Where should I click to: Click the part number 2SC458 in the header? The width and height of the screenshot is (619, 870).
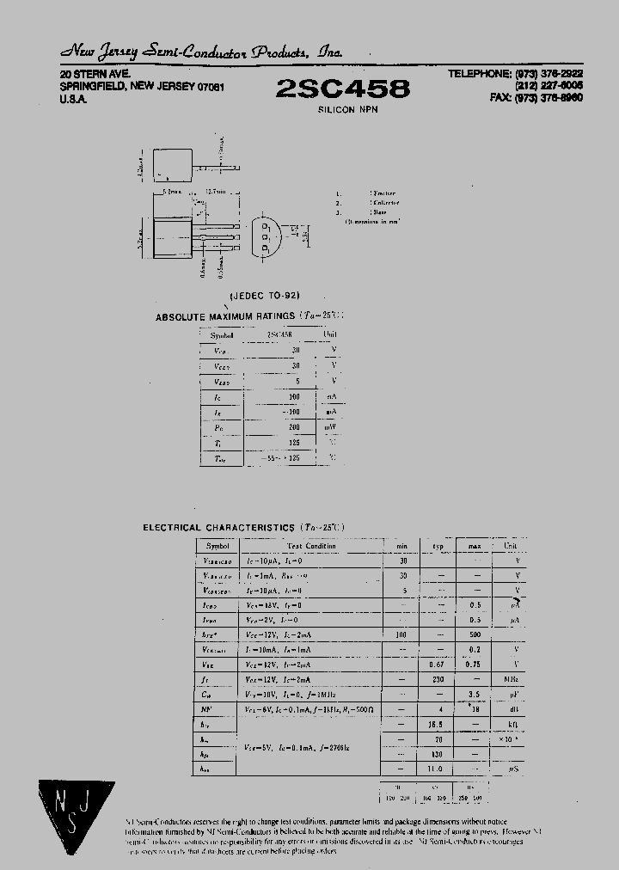[343, 89]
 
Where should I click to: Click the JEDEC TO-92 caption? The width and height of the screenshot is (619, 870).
[265, 295]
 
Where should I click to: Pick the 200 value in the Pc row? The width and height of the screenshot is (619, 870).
[295, 427]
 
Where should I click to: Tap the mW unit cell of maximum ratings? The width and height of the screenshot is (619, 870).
[330, 427]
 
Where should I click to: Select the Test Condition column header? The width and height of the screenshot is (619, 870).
[312, 546]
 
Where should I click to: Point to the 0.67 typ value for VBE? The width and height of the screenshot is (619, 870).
[437, 664]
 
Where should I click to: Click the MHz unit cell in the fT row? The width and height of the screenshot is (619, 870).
[511, 679]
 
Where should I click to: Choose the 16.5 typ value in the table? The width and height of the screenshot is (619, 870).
[437, 726]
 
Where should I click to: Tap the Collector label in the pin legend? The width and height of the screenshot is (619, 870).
[384, 203]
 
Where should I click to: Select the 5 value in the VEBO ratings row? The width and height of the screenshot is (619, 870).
[297, 381]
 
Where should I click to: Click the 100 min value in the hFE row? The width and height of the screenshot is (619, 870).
[401, 634]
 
